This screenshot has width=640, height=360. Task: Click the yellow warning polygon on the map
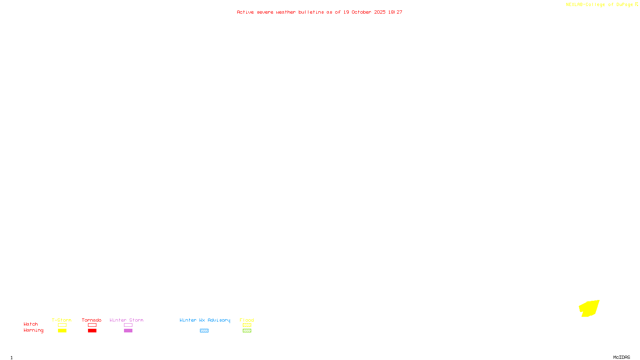(x=590, y=308)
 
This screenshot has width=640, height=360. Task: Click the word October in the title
(x=361, y=12)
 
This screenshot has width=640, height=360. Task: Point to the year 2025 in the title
(x=380, y=12)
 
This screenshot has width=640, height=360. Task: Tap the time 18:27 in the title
(x=395, y=12)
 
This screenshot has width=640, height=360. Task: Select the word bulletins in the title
(x=311, y=12)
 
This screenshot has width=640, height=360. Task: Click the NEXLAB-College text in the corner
(x=585, y=4)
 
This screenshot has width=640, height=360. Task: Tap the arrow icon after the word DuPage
(x=636, y=4)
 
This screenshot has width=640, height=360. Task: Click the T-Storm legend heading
(x=62, y=320)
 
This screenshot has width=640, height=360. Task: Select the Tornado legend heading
(x=92, y=320)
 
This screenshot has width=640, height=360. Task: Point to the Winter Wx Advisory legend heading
(x=205, y=320)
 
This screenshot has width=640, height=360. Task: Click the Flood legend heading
(x=247, y=320)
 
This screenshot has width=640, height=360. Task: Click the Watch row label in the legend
(x=31, y=324)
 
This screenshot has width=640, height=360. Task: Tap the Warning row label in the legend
(x=34, y=330)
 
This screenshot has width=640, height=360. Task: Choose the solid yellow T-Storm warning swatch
(x=62, y=331)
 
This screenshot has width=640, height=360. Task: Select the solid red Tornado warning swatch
(x=92, y=331)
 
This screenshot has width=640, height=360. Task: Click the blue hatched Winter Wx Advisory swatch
(x=204, y=331)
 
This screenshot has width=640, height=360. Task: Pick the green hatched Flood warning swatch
(x=247, y=331)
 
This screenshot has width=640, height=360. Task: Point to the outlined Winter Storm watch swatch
(x=128, y=325)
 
